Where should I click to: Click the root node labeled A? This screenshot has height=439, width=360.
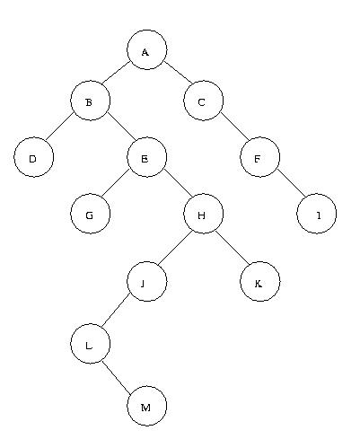point(146,49)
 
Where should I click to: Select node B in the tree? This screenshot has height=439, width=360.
point(90,101)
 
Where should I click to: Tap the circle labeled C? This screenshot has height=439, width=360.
point(203,101)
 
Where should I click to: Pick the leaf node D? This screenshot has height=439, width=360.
point(34,157)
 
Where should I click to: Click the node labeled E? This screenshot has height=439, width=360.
point(146,157)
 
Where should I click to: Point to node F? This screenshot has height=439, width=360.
point(259,157)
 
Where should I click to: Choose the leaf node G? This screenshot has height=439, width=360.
point(90,214)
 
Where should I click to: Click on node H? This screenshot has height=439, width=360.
point(203,214)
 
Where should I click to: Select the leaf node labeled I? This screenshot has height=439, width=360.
point(316,214)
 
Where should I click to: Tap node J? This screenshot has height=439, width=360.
point(146,281)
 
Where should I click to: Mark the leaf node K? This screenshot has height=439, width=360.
point(259,281)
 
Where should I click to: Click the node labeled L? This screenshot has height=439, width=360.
point(90,344)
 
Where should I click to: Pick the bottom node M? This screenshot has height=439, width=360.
point(146,406)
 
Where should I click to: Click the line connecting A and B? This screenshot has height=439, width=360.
point(116,73)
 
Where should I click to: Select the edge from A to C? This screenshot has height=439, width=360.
point(179,73)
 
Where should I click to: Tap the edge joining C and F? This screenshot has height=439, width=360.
point(234,127)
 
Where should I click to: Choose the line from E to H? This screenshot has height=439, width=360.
point(178,184)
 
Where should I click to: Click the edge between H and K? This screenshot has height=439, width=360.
point(232,248)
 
